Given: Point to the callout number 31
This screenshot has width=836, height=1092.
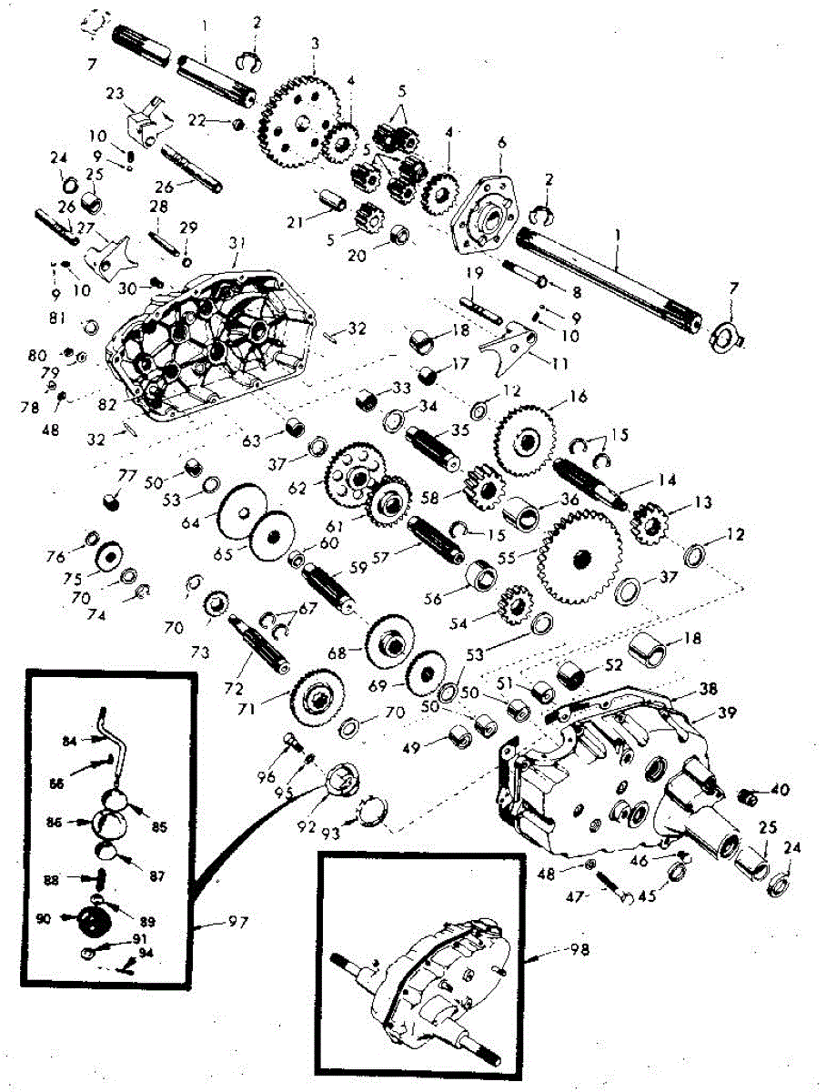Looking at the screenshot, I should click(x=237, y=243).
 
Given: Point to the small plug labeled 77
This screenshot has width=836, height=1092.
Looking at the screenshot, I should click(x=114, y=500).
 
